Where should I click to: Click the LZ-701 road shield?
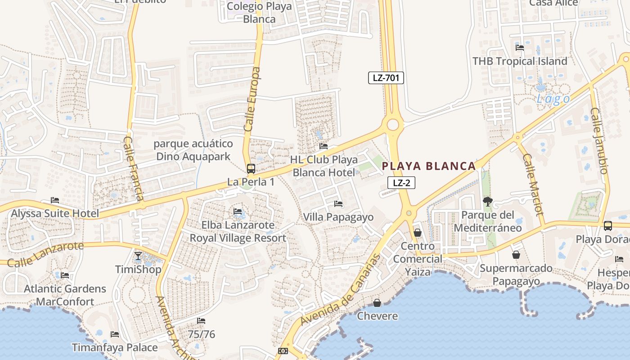point(386,78)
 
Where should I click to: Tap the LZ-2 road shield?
point(401,183)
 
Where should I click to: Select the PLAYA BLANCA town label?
point(428,166)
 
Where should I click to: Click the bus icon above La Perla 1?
point(251,169)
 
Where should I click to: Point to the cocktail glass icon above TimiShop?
point(138,256)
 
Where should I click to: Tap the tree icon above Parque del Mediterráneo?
point(487,201)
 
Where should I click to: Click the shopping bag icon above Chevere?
point(377,303)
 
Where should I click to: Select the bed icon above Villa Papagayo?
point(338,204)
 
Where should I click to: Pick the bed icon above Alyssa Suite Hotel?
point(55,200)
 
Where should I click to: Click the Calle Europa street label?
point(252,99)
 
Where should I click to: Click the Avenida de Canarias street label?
point(341,290)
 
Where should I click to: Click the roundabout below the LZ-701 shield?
point(393,124)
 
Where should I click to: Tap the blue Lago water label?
point(553,99)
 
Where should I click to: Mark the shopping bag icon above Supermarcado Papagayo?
point(516,255)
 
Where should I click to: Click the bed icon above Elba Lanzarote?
point(238,211)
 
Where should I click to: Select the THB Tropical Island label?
point(520,61)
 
